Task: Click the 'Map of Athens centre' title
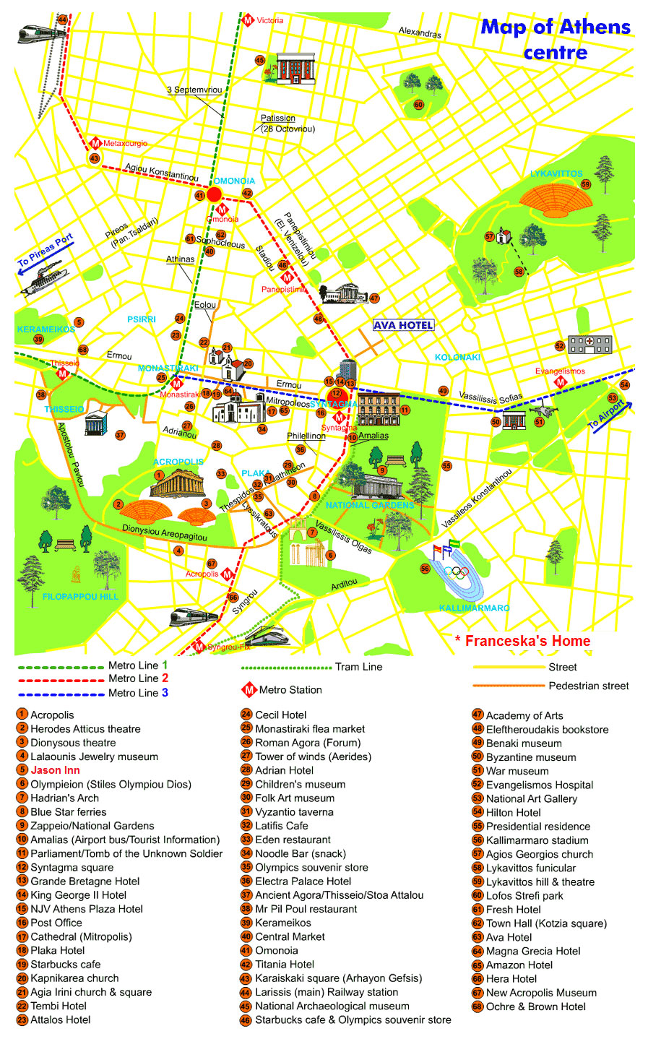(555, 40)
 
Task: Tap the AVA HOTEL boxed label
(403, 325)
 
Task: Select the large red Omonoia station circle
(214, 194)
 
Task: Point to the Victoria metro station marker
(248, 20)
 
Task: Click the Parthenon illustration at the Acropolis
(177, 483)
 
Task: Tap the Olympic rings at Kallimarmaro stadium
(457, 572)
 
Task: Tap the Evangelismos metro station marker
(560, 381)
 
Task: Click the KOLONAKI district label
(457, 357)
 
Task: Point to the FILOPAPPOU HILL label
(80, 597)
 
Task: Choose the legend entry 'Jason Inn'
(55, 770)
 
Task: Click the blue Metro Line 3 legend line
(61, 694)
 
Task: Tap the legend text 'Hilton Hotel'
(513, 813)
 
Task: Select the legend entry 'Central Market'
(290, 936)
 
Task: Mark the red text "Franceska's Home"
(527, 641)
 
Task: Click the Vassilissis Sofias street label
(491, 398)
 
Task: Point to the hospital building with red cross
(589, 344)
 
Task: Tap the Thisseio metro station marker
(63, 374)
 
